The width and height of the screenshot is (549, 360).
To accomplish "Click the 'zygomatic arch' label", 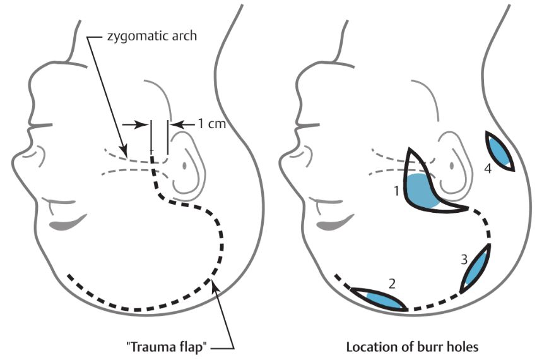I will pos(151,36).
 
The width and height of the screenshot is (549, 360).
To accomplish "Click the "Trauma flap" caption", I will pos(170,347).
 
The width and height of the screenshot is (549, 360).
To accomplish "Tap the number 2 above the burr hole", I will pos(392,284).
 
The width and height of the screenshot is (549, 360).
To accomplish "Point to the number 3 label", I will pos(464,259).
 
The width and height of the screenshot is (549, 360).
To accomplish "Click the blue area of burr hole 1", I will pos(422,191).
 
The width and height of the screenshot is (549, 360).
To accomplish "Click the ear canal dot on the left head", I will pos(185,165).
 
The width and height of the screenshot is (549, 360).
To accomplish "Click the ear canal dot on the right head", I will pos(452,165).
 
